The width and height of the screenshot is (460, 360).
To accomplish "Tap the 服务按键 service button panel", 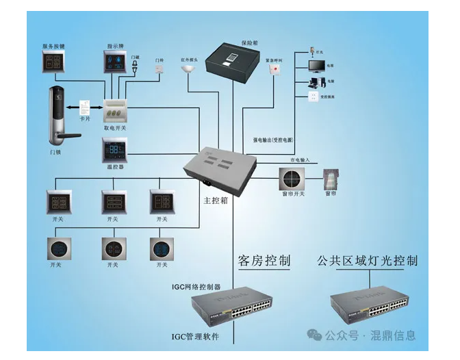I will tap(54, 64).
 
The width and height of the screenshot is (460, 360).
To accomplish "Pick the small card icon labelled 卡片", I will tap(86, 107).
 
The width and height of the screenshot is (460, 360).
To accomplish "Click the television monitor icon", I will tap(316, 66).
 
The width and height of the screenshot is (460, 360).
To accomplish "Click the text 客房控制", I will tap(264, 260).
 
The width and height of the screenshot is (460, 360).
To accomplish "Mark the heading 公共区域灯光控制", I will tap(367, 261).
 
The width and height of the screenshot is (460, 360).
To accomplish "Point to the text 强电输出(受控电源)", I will tap(273, 140).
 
